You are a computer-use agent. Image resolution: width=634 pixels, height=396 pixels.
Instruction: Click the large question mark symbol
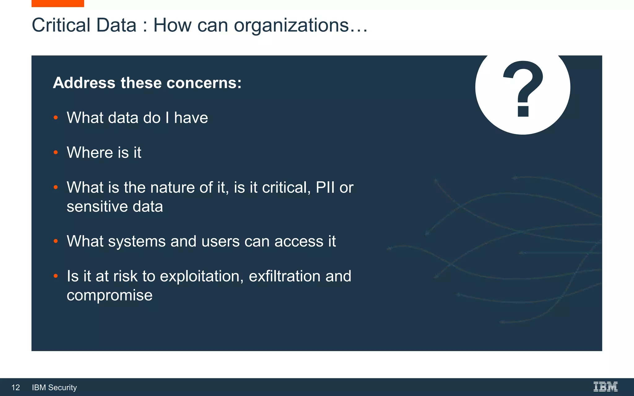(x=523, y=88)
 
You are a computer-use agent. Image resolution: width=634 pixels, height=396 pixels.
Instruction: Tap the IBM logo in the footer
(x=606, y=387)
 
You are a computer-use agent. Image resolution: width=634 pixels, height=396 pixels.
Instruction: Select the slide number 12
(x=15, y=387)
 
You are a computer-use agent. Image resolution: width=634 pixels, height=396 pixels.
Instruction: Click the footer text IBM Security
(x=54, y=387)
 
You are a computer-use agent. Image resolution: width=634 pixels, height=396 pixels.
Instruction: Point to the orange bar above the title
(x=58, y=3)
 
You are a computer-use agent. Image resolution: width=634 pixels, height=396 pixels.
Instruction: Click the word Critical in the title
(x=61, y=25)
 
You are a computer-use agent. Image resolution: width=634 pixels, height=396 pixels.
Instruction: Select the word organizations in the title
(x=291, y=26)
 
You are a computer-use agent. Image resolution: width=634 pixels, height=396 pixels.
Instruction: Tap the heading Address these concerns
(x=147, y=83)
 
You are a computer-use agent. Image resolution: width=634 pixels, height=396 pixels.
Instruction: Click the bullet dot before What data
(x=56, y=118)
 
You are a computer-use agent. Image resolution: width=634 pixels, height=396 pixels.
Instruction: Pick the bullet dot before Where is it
(x=56, y=152)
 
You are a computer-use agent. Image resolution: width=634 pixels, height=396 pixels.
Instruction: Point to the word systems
(x=137, y=242)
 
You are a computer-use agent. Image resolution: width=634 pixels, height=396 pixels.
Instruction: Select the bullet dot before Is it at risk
(x=56, y=276)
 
